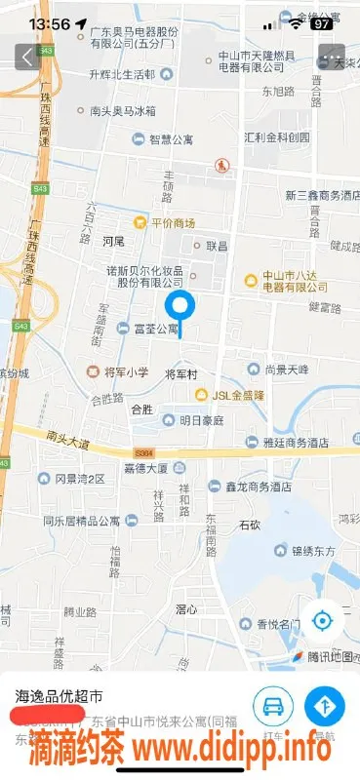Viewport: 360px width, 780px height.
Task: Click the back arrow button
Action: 26,58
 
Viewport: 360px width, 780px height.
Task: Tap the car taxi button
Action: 274,705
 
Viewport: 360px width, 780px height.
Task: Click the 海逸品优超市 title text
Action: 59,696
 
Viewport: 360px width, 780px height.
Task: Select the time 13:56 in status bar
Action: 49,23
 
